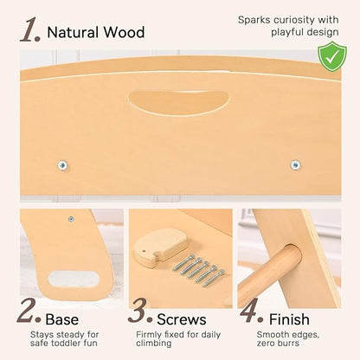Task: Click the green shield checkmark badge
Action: coord(332,57)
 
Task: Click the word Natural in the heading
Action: coord(73,32)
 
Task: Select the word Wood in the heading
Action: coord(124,32)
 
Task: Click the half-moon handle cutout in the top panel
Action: coord(178,102)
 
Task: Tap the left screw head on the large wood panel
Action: coord(62,165)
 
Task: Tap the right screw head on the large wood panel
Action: coord(295,165)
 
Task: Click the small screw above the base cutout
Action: coord(71,219)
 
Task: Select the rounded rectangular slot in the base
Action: coord(74,279)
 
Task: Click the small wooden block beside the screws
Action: coord(160,247)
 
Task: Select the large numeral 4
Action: coord(251,311)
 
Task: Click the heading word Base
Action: coord(62,319)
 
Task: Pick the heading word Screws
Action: coord(182,319)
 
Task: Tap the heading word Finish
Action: coord(289,319)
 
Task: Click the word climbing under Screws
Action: coord(154,344)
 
